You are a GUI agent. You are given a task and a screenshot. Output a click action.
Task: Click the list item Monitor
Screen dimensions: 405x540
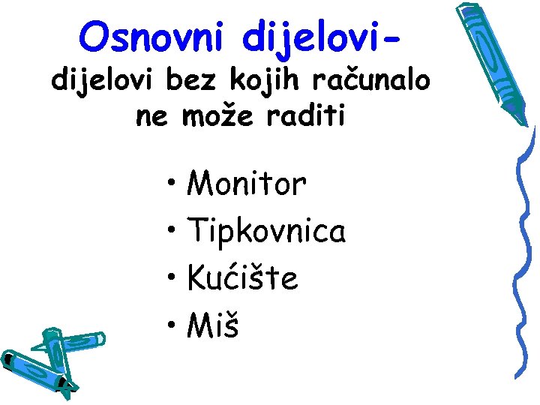(247, 184)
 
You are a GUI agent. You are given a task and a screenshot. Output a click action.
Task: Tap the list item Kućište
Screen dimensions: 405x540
(242, 279)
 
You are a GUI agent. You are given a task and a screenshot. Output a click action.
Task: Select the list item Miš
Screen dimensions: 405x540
(213, 325)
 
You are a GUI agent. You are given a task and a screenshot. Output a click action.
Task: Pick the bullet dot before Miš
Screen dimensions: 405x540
(172, 325)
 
